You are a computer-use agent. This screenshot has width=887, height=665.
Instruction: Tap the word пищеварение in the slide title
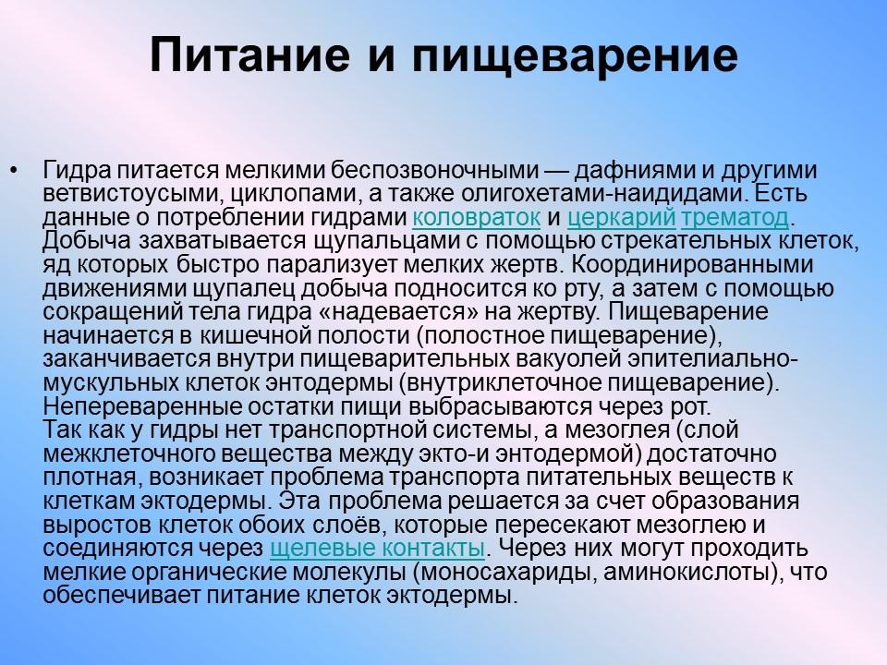pos(574,58)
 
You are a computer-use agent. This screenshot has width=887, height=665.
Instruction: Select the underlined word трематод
pos(735,219)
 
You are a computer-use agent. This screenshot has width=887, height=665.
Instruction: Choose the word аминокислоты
pos(686,573)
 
